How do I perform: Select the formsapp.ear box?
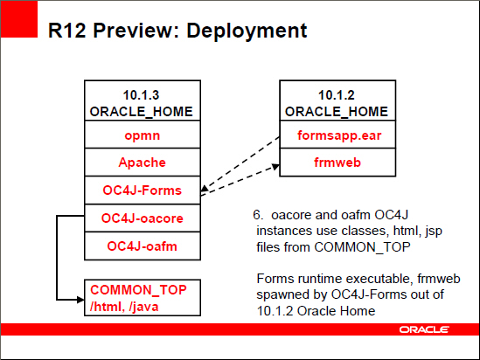tap(331, 135)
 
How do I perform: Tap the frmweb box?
tap(331, 163)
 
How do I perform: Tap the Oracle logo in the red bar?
tap(425, 329)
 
